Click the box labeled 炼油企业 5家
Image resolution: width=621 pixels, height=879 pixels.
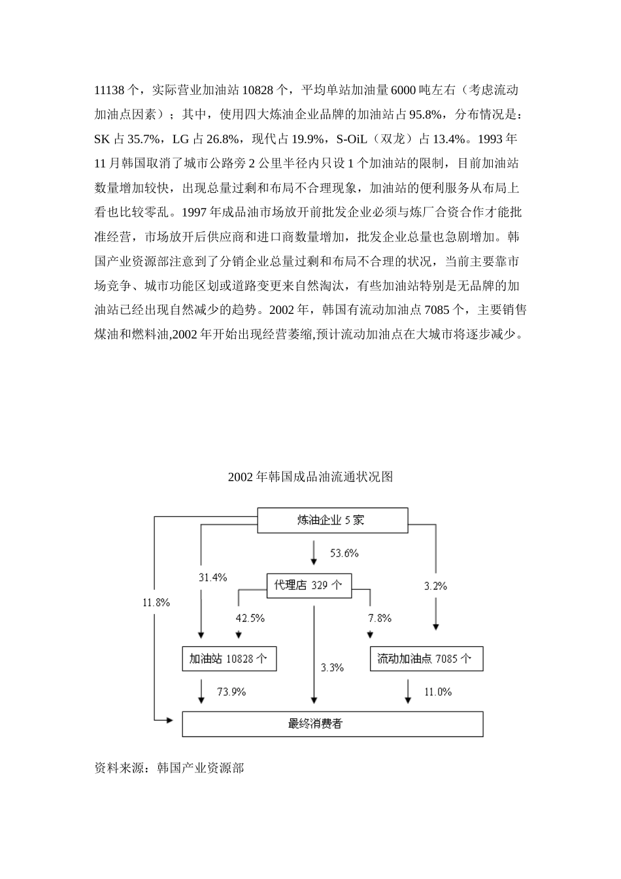tap(331, 520)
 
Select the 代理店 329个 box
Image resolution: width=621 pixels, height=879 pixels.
tap(309, 585)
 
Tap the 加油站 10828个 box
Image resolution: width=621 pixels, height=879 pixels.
tap(229, 659)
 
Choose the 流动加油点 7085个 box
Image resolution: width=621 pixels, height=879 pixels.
tap(426, 659)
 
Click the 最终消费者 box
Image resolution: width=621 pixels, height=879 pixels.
tap(332, 724)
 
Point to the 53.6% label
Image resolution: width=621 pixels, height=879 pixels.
tap(344, 553)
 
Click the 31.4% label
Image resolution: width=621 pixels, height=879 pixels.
tap(213, 577)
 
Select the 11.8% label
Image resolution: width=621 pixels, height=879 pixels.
tap(156, 602)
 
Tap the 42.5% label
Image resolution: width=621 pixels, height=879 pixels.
tap(250, 618)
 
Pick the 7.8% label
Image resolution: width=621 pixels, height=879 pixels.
tap(380, 618)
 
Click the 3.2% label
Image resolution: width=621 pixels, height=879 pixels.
tap(435, 586)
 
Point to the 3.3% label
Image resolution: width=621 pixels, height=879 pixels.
tap(332, 668)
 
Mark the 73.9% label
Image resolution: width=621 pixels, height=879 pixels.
tap(231, 692)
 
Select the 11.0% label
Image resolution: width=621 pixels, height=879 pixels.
tap(438, 692)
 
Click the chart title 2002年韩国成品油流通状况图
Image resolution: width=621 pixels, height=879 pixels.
tap(310, 477)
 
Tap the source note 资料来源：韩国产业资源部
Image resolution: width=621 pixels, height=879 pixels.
tap(169, 768)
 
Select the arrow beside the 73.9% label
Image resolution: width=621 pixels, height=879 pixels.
tap(201, 692)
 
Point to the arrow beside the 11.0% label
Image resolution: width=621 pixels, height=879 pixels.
tap(409, 692)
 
